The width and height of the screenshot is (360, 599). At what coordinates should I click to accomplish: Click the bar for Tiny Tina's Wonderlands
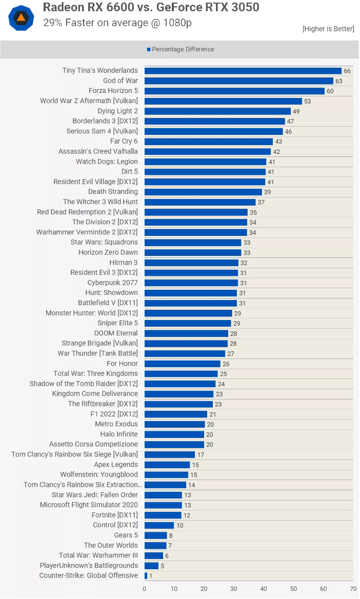click(x=243, y=71)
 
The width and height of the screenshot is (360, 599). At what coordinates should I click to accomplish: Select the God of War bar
click(x=238, y=81)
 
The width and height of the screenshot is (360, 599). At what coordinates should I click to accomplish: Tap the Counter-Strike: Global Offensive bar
click(x=146, y=576)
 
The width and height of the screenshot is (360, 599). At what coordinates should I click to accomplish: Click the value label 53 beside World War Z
click(x=308, y=102)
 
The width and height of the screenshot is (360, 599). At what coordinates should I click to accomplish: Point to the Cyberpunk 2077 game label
click(x=112, y=283)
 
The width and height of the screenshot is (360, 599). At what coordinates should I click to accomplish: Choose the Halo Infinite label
click(x=119, y=434)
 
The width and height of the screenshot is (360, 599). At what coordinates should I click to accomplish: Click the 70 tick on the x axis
click(x=353, y=589)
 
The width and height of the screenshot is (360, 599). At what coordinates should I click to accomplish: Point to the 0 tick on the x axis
click(x=145, y=589)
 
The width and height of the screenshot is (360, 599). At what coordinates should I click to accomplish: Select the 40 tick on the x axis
click(x=264, y=589)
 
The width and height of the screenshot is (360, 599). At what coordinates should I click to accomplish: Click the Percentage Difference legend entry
click(x=181, y=49)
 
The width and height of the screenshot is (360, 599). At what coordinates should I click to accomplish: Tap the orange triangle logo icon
click(x=21, y=18)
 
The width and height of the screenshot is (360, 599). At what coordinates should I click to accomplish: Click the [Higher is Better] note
click(x=328, y=29)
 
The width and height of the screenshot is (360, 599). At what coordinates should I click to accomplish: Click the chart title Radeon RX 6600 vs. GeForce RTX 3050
click(x=151, y=7)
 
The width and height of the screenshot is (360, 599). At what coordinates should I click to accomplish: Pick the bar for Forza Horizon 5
click(x=234, y=91)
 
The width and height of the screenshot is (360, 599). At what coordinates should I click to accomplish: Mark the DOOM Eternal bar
click(x=186, y=333)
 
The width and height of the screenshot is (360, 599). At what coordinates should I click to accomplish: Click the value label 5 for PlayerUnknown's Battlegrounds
click(x=163, y=566)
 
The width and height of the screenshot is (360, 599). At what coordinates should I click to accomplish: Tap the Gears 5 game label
click(x=126, y=535)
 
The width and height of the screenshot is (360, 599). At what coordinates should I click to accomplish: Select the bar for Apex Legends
click(x=167, y=465)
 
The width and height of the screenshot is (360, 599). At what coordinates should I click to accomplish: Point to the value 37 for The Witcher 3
click(x=261, y=203)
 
